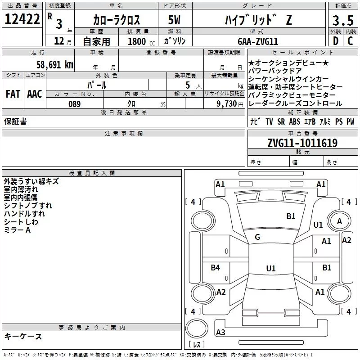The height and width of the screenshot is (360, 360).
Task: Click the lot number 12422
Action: point(22,19)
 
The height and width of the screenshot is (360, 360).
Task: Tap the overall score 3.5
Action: point(342,20)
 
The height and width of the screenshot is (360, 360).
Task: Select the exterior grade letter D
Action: point(335,40)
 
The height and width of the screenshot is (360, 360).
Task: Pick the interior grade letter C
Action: point(350,40)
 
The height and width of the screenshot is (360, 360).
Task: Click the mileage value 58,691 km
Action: point(54,64)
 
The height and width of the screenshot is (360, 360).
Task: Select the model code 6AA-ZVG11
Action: point(258,41)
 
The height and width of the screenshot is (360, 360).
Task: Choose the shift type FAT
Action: point(13,94)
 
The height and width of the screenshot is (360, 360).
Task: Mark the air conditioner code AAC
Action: point(34,94)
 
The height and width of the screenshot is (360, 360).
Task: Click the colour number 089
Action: point(75,104)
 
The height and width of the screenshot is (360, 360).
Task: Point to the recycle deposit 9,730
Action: point(227,104)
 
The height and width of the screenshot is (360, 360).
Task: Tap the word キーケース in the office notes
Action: point(23,337)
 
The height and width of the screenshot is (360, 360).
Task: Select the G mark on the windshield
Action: point(257,237)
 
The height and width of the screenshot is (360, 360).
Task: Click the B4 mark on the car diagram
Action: point(216,268)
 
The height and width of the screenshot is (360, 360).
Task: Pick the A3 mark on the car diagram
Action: point(220,333)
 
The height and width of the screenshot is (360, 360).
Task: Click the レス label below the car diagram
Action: point(197,345)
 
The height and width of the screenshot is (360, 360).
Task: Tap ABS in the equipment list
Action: point(295,121)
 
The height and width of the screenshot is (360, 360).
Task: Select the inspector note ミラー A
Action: point(17,230)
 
